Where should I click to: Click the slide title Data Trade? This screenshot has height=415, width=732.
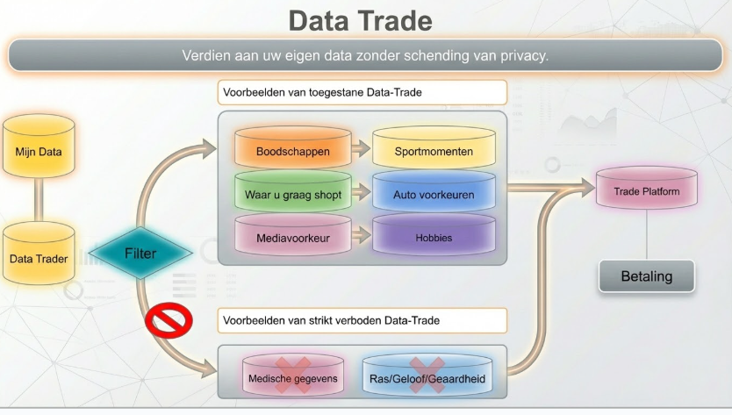360,20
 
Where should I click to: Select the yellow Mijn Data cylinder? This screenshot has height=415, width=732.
39,151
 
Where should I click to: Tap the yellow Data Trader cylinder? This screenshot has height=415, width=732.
39,258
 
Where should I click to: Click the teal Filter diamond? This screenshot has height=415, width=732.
140,254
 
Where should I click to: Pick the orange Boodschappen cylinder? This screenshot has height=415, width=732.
292,151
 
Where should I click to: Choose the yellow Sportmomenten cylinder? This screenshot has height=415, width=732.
434,151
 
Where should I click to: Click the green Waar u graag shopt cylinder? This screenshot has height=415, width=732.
292,194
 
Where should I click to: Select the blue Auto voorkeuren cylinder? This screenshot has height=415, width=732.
434,194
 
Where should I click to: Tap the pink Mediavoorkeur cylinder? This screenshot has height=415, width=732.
292,237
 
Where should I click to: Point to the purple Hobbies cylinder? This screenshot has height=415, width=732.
434,237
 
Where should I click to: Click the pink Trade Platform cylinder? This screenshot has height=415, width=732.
646,190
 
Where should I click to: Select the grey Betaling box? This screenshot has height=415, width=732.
646,276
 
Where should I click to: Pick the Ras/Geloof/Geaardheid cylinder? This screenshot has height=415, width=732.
427,378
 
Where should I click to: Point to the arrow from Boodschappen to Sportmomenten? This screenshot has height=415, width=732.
360,149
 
